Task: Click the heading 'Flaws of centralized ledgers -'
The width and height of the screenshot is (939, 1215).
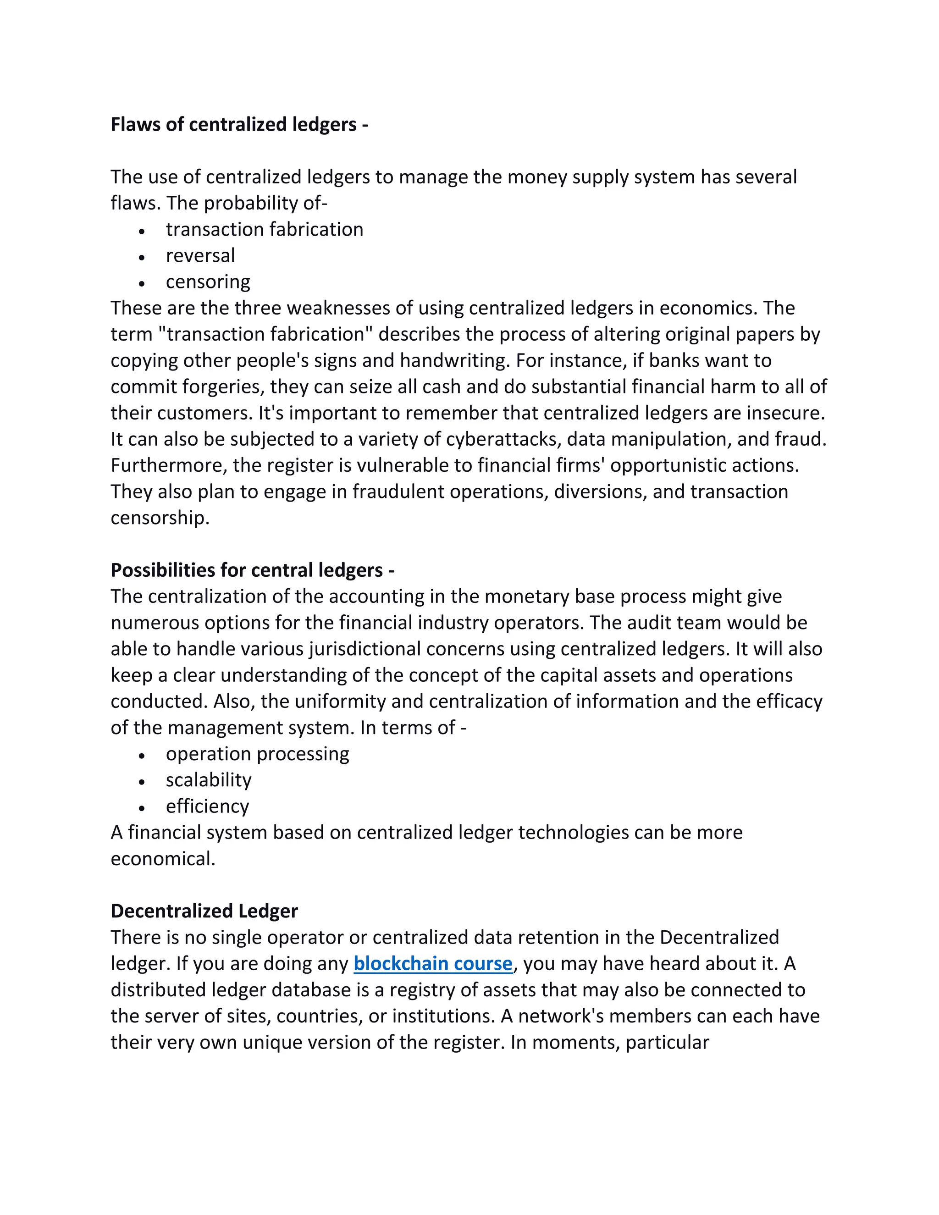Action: point(239,125)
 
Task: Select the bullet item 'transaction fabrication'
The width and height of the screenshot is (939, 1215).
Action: point(264,229)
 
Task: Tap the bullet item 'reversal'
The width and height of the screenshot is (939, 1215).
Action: point(200,255)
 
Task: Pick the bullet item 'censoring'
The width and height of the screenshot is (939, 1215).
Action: point(208,282)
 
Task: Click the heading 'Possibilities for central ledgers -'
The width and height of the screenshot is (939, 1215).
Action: point(253,570)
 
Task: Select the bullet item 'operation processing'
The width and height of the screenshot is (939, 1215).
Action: point(257,754)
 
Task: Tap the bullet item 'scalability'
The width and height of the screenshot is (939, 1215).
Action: point(208,780)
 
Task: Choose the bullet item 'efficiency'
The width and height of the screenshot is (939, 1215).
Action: point(207,806)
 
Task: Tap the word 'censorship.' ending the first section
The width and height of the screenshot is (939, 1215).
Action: point(160,518)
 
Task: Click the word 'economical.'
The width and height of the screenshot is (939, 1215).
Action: point(162,859)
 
